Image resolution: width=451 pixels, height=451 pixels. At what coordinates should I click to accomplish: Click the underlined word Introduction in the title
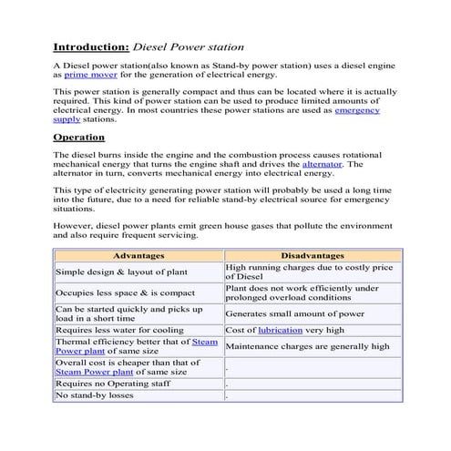tap(91, 46)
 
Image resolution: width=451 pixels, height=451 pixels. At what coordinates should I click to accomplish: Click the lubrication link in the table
tap(279, 330)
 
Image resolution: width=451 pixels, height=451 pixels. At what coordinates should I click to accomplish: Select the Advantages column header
tap(138, 256)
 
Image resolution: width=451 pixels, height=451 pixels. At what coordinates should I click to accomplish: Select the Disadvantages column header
tap(313, 256)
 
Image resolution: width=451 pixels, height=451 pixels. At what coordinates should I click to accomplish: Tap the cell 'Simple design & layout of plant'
tap(121, 272)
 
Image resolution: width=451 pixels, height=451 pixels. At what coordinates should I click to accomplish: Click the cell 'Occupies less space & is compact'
tap(125, 292)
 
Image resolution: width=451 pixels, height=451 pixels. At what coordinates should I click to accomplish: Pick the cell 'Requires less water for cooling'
tap(119, 330)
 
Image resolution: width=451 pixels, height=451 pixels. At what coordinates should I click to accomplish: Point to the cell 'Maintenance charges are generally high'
tap(307, 346)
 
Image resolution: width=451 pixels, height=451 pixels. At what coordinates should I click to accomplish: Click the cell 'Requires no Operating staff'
tap(113, 384)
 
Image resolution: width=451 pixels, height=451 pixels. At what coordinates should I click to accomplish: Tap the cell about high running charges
tap(308, 272)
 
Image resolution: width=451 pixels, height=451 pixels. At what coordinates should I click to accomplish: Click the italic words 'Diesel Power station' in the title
tap(189, 46)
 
